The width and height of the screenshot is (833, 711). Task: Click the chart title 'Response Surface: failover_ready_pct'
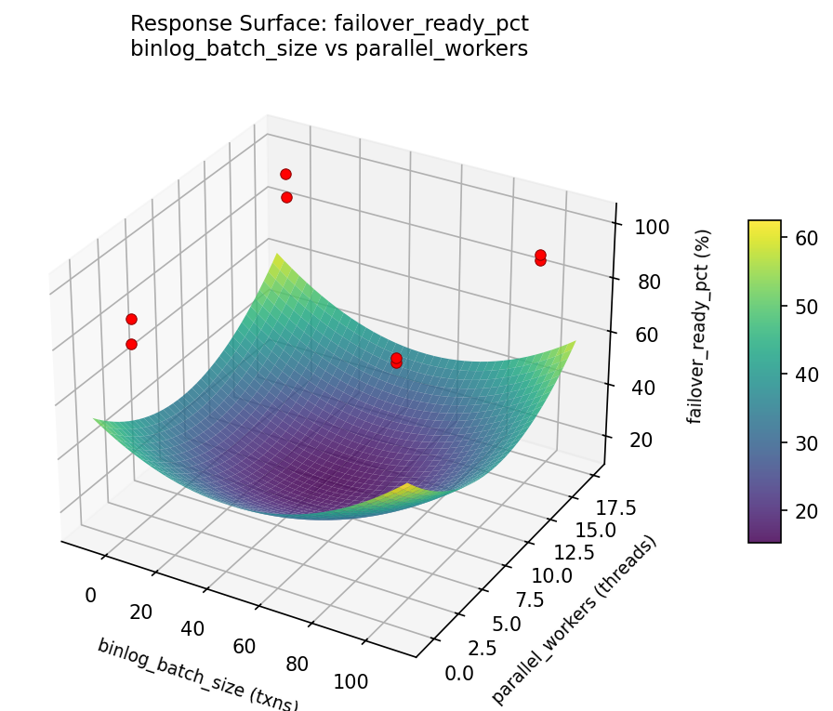pyautogui.click(x=329, y=23)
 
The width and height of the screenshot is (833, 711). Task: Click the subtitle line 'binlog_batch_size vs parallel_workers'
pyautogui.click(x=329, y=49)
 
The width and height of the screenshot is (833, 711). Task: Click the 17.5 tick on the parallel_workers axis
pyautogui.click(x=617, y=507)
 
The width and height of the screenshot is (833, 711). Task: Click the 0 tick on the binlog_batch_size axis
pyautogui.click(x=90, y=595)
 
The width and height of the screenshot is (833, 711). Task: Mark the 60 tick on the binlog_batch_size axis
pyautogui.click(x=243, y=646)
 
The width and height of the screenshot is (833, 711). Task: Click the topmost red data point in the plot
pyautogui.click(x=285, y=174)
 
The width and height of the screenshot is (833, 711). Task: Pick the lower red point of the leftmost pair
pyautogui.click(x=131, y=344)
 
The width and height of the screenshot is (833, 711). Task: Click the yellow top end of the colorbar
pyautogui.click(x=764, y=224)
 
